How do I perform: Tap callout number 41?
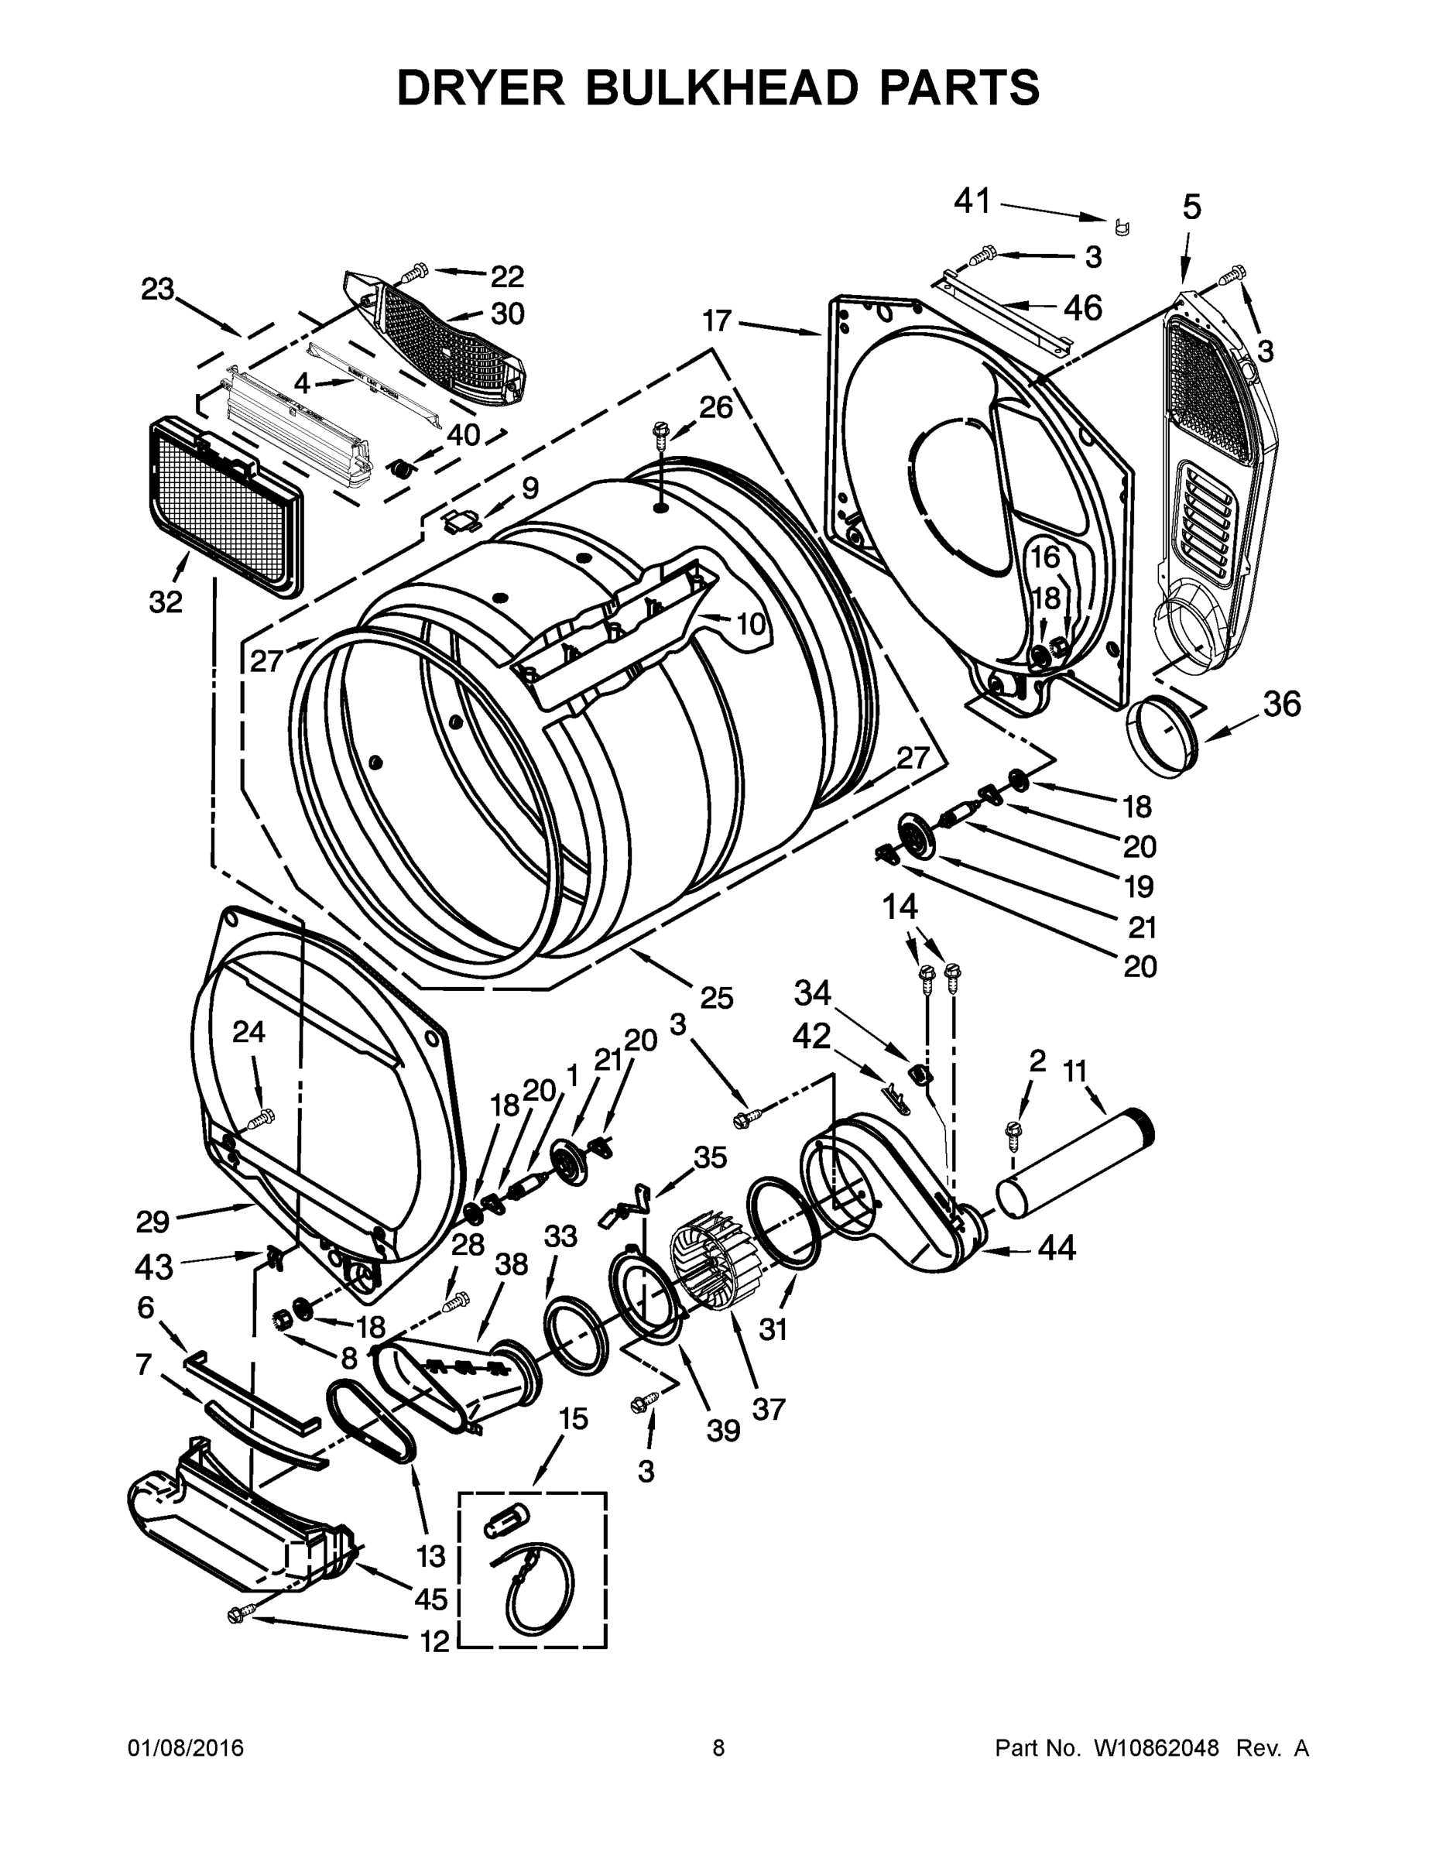(972, 201)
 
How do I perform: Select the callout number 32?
(166, 602)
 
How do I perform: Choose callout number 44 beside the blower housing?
(1056, 1248)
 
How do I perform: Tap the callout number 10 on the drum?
(750, 625)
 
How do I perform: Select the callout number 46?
(1082, 307)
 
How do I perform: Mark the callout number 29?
(153, 1222)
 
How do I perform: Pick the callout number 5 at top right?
(1192, 207)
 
